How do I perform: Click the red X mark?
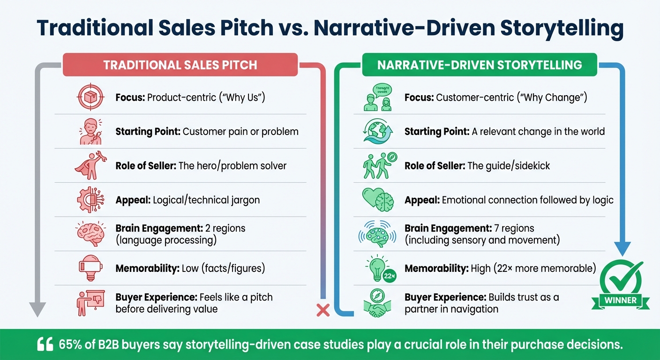(322, 309)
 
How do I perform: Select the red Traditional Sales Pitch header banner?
(180, 65)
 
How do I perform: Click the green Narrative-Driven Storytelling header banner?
(480, 65)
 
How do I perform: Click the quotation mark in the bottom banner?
(45, 345)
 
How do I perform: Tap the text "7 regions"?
(514, 229)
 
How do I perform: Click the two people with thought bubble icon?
(378, 98)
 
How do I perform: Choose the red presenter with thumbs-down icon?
(89, 303)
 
